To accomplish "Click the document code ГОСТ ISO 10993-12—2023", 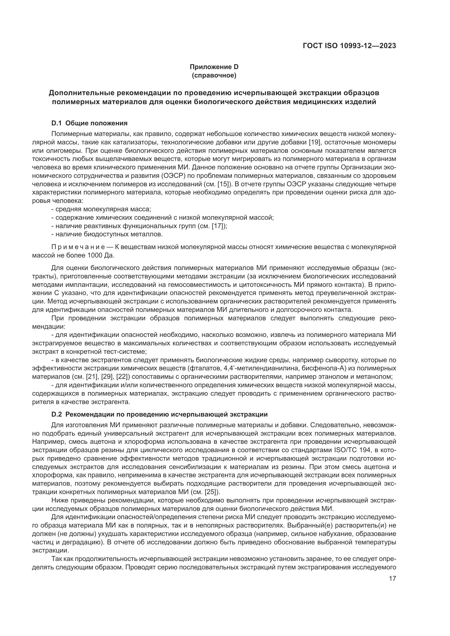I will tap(349, 46).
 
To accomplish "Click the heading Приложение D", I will tap(214, 67).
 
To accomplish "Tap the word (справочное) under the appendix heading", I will tap(214, 76).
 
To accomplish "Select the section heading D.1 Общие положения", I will tap(89, 123).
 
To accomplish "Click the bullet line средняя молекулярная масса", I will tap(101, 209).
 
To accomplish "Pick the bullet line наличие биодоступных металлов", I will tap(107, 234).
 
